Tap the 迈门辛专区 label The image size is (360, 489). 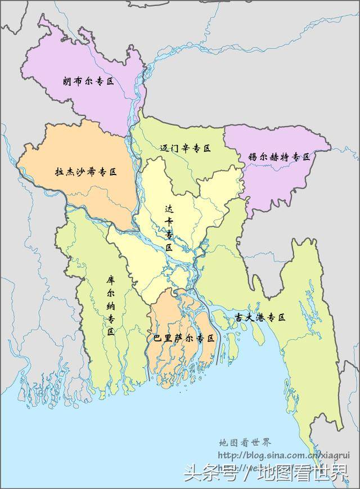click(x=185, y=149)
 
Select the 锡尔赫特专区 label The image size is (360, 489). click(x=279, y=158)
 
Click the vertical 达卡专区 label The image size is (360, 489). click(x=168, y=227)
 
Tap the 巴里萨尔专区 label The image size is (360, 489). click(x=184, y=338)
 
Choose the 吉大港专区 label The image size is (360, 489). click(x=260, y=317)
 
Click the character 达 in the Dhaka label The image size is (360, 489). click(x=168, y=207)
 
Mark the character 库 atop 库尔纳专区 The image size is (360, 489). click(x=111, y=280)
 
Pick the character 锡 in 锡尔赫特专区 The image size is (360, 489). click(x=253, y=158)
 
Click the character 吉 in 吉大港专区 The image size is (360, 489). click(x=238, y=317)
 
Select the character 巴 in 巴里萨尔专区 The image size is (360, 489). click(x=158, y=338)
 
